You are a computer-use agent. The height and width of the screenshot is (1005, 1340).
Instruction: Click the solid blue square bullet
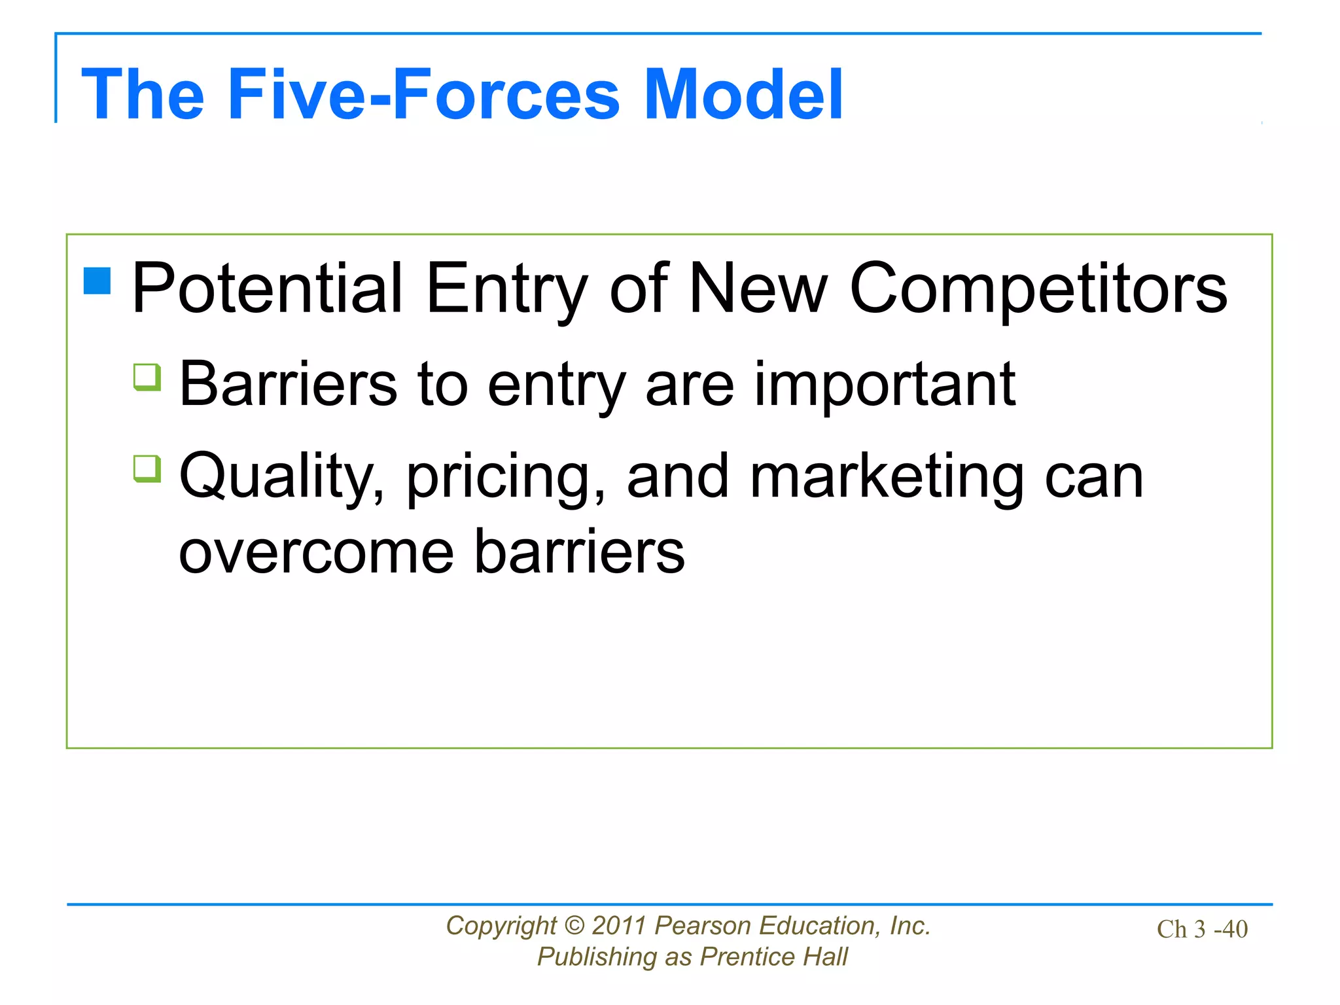coord(97,281)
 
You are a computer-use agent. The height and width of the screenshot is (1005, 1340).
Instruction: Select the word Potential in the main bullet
coord(267,289)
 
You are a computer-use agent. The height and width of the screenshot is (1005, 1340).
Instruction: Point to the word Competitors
coord(1038,289)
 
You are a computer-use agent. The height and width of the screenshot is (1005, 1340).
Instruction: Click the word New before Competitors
coord(758,289)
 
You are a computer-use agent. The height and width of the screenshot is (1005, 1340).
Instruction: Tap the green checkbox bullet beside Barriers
coord(147,377)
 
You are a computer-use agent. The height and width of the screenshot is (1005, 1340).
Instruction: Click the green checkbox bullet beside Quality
coord(147,468)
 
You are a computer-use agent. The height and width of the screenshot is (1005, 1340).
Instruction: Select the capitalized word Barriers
coord(288,384)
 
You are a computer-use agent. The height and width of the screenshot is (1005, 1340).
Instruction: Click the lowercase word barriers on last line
coord(579,551)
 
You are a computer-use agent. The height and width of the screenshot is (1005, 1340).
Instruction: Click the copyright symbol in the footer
coord(574,926)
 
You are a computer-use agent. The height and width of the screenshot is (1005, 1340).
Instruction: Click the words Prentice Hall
coord(773,957)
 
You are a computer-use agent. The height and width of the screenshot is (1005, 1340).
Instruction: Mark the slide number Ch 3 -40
coord(1202,929)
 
